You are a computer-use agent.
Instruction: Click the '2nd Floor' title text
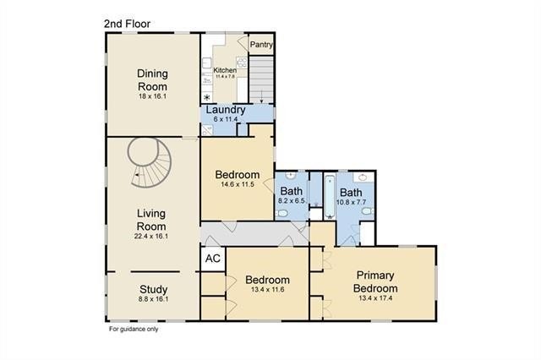(x=128, y=24)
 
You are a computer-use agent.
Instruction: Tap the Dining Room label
(x=152, y=79)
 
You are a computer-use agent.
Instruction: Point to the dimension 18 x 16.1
(x=152, y=96)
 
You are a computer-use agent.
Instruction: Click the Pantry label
(x=261, y=45)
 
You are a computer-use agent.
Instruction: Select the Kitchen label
(x=225, y=70)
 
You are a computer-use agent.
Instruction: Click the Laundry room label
(x=226, y=110)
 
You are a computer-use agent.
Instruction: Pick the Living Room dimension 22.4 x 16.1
(x=151, y=237)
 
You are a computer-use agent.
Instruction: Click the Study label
(x=154, y=289)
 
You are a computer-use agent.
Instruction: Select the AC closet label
(x=213, y=259)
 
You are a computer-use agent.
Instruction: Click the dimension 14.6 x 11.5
(x=238, y=184)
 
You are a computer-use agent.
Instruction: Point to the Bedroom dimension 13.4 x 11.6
(x=268, y=290)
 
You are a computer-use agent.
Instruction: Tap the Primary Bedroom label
(x=375, y=281)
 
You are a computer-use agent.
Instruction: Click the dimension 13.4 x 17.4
(x=375, y=298)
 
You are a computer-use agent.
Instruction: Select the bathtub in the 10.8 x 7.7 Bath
(x=330, y=197)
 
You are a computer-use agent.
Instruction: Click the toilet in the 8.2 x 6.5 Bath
(x=282, y=214)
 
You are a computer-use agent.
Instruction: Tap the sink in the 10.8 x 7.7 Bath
(x=363, y=177)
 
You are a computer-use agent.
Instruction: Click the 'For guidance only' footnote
(x=134, y=329)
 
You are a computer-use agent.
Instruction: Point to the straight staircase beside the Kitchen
(x=261, y=80)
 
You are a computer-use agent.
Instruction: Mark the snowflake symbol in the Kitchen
(x=206, y=97)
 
